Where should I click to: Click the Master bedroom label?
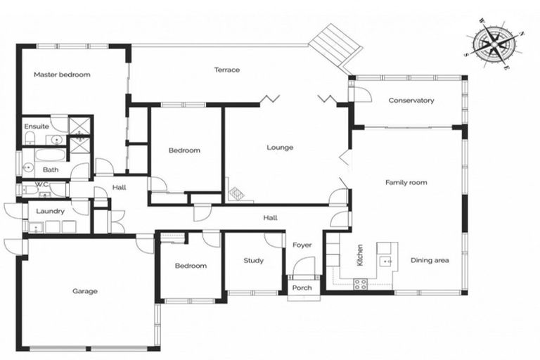pyautogui.click(x=62, y=75)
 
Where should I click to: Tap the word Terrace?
pyautogui.click(x=227, y=70)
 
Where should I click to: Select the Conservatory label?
pyautogui.click(x=411, y=101)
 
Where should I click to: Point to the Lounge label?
pyautogui.click(x=279, y=148)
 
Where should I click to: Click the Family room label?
pyautogui.click(x=406, y=183)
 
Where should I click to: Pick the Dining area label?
pyautogui.click(x=430, y=261)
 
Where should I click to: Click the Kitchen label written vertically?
pyautogui.click(x=360, y=255)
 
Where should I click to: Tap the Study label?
pyautogui.click(x=253, y=261)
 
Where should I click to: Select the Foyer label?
pyautogui.click(x=302, y=245)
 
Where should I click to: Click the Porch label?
pyautogui.click(x=302, y=288)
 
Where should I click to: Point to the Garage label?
pyautogui.click(x=85, y=291)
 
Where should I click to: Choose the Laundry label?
pyautogui.click(x=51, y=211)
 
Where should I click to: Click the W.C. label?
pyautogui.click(x=31, y=186)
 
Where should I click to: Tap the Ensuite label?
pyautogui.click(x=37, y=127)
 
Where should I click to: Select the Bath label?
pyautogui.click(x=51, y=169)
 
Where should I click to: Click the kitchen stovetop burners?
pyautogui.click(x=360, y=284)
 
